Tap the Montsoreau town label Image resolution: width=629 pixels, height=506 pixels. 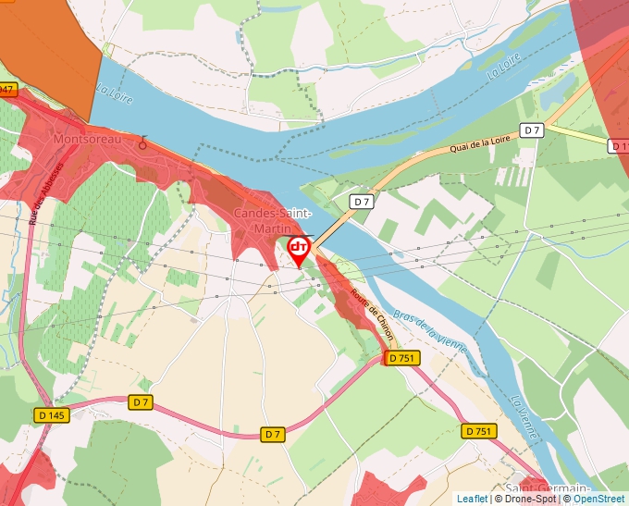pyautogui.click(x=87, y=139)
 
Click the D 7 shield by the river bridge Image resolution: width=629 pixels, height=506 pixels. pyautogui.click(x=361, y=201)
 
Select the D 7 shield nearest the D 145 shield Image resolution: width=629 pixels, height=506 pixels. pyautogui.click(x=140, y=402)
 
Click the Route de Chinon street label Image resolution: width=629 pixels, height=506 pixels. pyautogui.click(x=369, y=315)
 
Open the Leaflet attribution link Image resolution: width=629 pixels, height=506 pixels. pyautogui.click(x=473, y=499)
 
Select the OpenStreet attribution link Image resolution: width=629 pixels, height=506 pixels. pyautogui.click(x=598, y=499)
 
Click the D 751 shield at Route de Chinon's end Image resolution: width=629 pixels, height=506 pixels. pyautogui.click(x=403, y=358)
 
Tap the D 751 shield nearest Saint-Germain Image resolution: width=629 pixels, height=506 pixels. pyautogui.click(x=478, y=431)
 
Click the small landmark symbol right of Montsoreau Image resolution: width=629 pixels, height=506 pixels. pyautogui.click(x=142, y=142)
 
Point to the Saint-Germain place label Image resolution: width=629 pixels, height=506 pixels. pyautogui.click(x=548, y=487)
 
